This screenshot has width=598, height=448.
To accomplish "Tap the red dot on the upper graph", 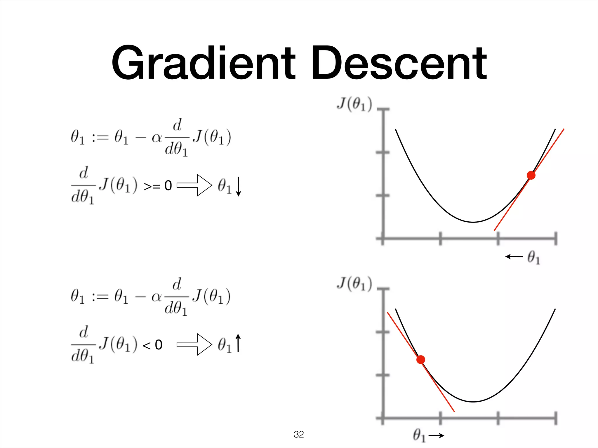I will [x=531, y=175].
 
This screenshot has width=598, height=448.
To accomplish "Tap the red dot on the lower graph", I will [x=420, y=360].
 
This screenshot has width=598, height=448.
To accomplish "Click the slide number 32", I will [x=299, y=434].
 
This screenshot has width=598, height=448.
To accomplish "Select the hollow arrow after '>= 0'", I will [x=194, y=185].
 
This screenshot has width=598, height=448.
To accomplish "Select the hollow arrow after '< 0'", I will [x=194, y=344].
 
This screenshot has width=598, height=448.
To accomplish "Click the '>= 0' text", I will [x=158, y=186].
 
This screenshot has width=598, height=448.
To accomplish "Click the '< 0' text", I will [x=152, y=345].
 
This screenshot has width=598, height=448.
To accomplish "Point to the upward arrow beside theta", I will [x=238, y=343].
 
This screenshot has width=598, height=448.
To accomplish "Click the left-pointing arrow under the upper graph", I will [x=514, y=257].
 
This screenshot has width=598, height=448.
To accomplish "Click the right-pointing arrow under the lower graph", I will [x=436, y=436].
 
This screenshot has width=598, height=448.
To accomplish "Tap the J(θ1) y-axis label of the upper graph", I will [x=354, y=104].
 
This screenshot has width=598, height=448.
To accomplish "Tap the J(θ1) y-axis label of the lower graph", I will [x=354, y=283].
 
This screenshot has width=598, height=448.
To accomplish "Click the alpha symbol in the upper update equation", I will [x=157, y=138].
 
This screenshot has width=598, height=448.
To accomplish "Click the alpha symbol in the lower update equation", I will [x=157, y=297].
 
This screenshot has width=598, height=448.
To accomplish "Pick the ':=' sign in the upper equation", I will [x=100, y=137].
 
